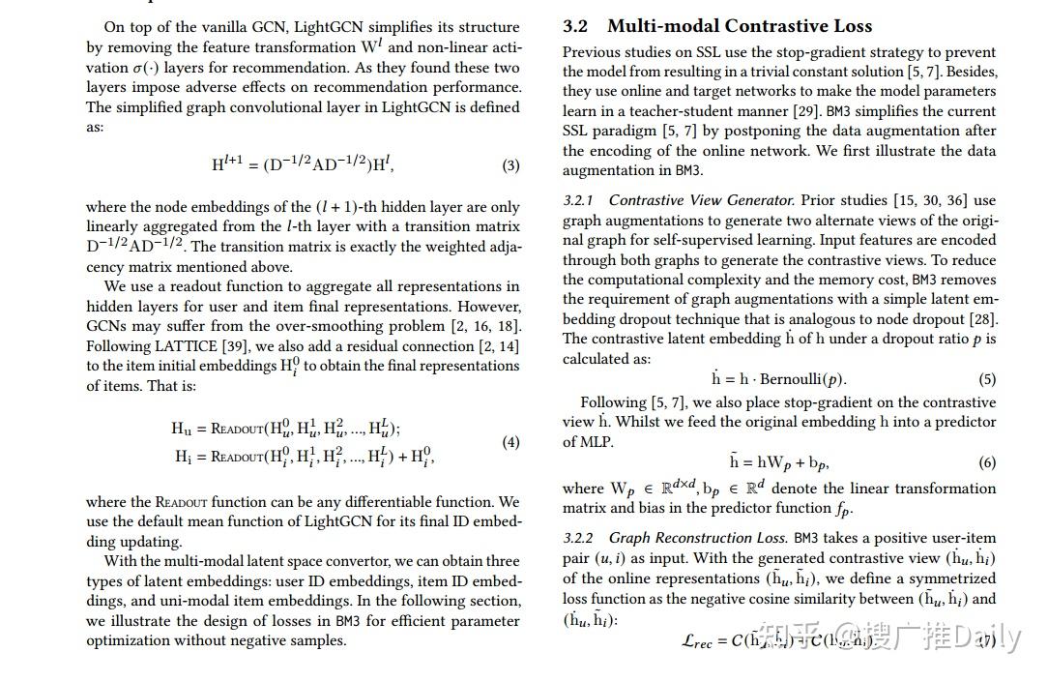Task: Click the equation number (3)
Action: coord(510,165)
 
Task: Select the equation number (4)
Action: coord(510,442)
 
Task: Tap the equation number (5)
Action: coord(987,379)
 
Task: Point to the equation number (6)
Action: coord(987,462)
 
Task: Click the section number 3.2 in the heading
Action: coord(576,26)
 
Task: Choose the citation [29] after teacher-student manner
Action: coord(806,111)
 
